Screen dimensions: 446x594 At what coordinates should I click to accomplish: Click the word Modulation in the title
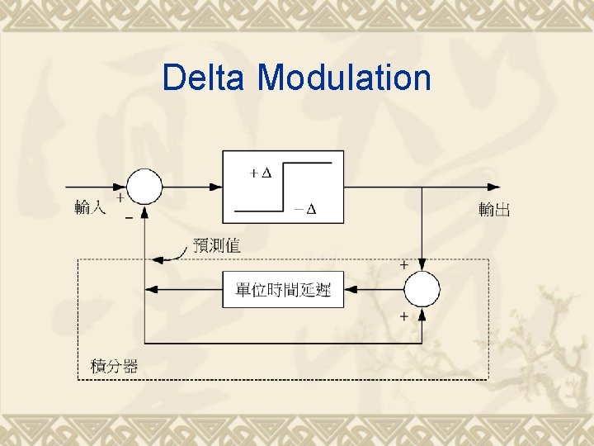coord(344,78)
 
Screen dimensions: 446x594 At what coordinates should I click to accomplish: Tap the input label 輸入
coord(90,208)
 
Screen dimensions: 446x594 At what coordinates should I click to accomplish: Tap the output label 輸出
coord(494,210)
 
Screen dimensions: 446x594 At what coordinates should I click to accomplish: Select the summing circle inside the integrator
coord(422,289)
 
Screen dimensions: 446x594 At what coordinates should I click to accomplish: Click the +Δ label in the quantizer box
coord(260,173)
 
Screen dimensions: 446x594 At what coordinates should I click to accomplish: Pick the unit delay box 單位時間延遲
coord(283,289)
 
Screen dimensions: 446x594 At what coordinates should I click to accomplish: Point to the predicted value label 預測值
coord(216,245)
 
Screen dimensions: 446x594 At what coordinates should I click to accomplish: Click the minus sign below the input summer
coord(129,220)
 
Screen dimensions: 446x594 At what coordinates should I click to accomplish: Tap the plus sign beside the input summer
coord(120,198)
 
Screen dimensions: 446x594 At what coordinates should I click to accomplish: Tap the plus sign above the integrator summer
coord(403,266)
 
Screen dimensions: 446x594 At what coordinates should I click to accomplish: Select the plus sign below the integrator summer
coord(403,316)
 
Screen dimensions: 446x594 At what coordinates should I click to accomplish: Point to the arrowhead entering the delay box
coord(350,289)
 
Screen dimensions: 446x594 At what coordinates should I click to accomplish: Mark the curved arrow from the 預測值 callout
coord(169,254)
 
